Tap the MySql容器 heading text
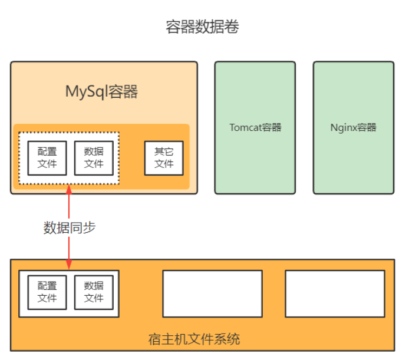(101, 92)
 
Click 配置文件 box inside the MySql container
(47, 158)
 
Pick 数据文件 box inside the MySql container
(94, 158)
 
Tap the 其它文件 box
(164, 158)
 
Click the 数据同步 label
(70, 228)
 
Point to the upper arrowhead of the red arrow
(69, 189)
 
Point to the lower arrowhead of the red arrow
(69, 266)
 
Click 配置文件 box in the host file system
(47, 292)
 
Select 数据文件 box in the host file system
(94, 292)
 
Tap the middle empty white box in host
(212, 293)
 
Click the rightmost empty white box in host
(335, 293)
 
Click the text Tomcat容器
(255, 127)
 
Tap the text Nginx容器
(353, 127)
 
